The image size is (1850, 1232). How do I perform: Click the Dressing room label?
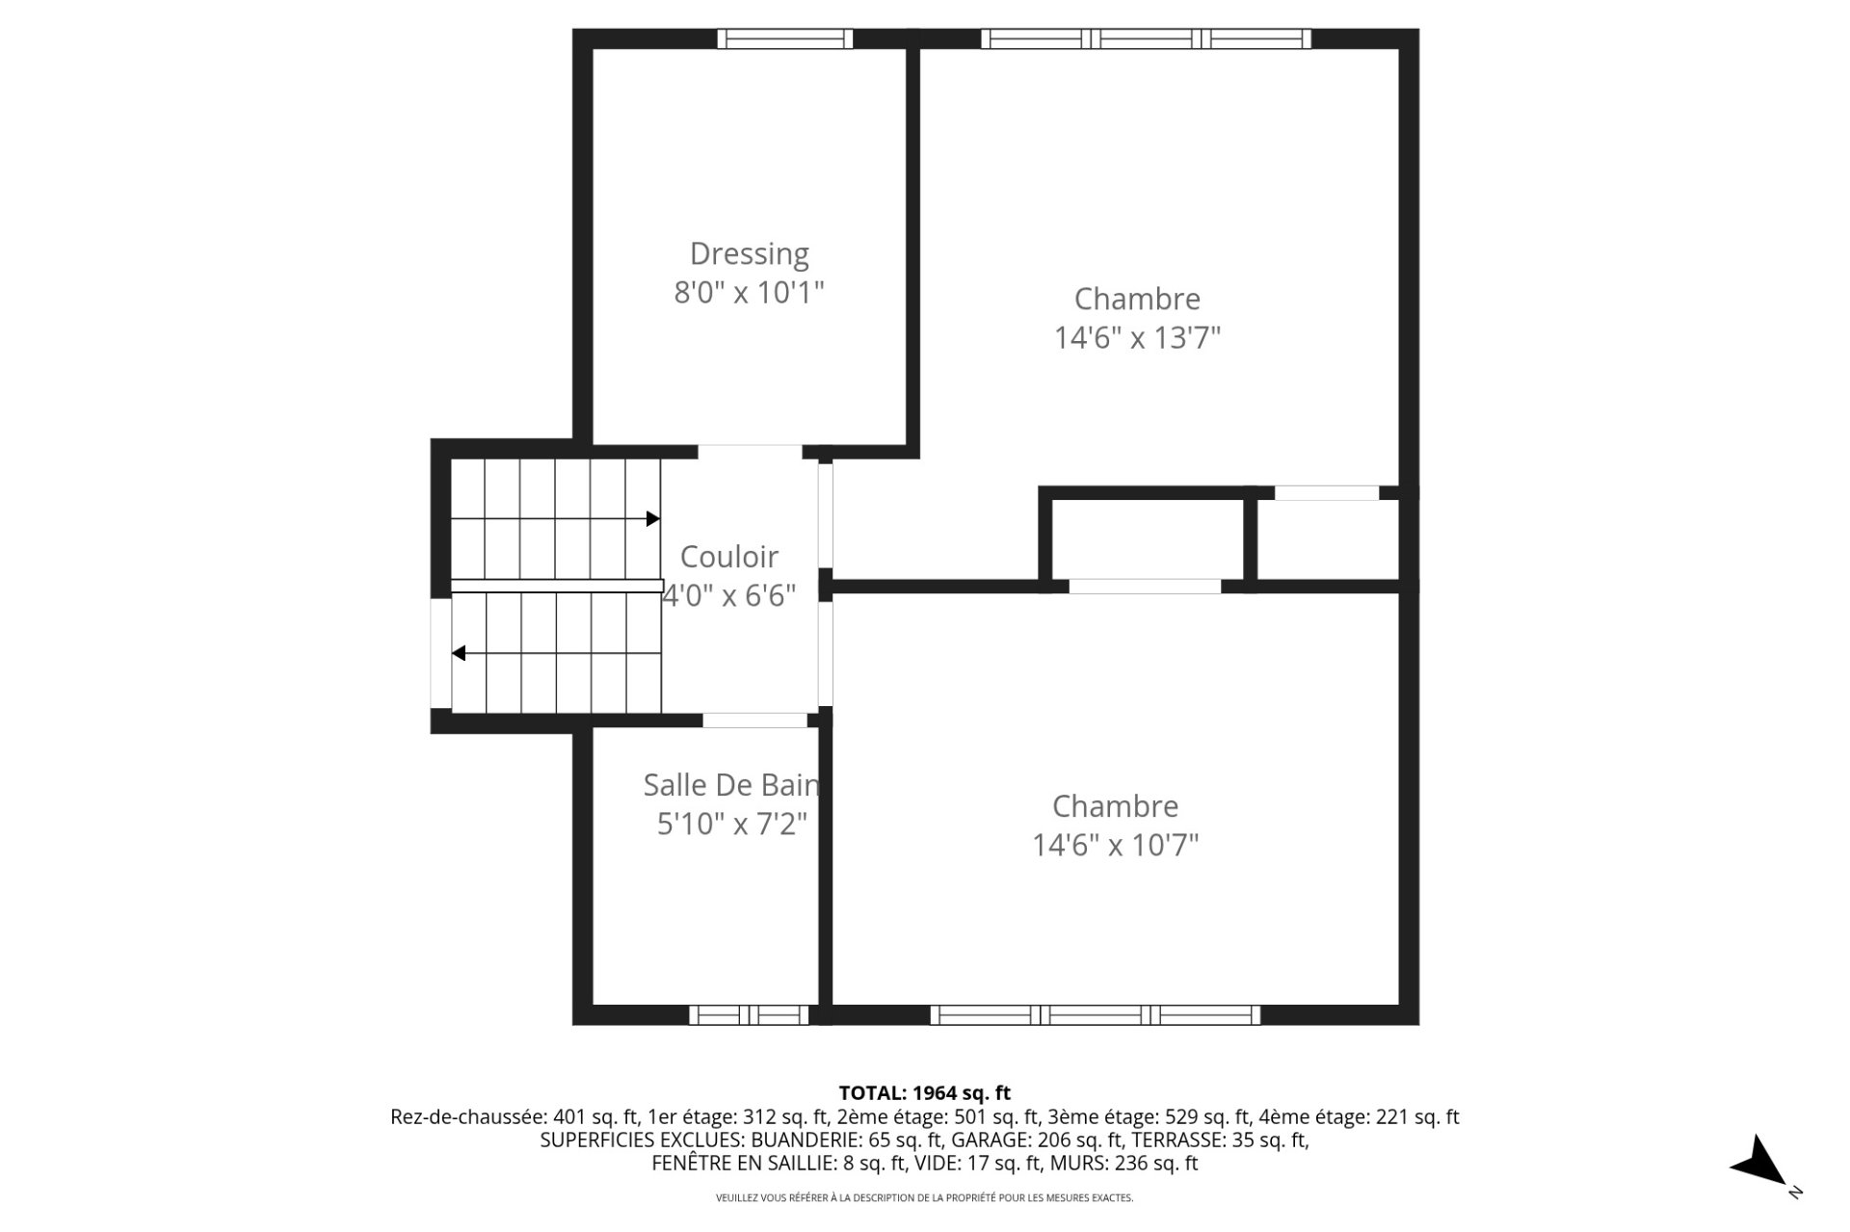coord(749,253)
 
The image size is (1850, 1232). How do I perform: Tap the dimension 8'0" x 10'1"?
coord(749,292)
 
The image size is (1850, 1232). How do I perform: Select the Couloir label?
coord(728,557)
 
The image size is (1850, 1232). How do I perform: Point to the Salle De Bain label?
coord(730,785)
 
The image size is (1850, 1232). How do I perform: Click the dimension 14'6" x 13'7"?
coord(1137,338)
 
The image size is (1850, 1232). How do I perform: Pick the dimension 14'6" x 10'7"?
coord(1115,846)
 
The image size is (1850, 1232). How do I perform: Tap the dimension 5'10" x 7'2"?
coord(731,825)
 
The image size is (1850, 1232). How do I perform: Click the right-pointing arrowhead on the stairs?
coord(652,519)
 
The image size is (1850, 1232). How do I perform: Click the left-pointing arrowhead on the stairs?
coord(460,653)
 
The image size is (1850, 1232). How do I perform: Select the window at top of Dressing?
coord(784,39)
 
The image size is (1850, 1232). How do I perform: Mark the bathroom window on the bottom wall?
coord(749,1014)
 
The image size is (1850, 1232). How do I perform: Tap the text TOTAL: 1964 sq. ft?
coord(924,1093)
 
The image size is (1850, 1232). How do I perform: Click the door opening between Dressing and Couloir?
coord(749,451)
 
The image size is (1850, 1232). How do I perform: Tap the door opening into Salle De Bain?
coord(754,721)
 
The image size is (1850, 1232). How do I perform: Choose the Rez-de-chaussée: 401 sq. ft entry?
coord(514,1117)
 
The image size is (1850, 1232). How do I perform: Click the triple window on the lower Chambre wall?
coord(1095,1014)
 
